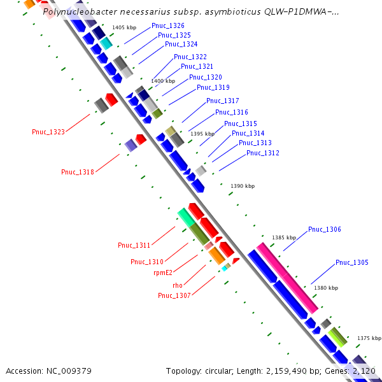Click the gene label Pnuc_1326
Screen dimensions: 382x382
[168, 25]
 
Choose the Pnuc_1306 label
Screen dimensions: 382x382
[325, 229]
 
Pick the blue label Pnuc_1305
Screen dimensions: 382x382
[352, 262]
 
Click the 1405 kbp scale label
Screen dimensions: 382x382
[124, 28]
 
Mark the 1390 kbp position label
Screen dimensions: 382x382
[243, 186]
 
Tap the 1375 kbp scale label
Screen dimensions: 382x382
[369, 338]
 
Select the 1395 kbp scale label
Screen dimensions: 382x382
[203, 134]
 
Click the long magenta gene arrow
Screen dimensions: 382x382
[286, 278]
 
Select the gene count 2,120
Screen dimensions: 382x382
[364, 371]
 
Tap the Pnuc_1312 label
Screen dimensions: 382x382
[263, 153]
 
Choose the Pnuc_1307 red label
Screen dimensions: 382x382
[174, 295]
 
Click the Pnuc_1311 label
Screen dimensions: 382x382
[134, 246]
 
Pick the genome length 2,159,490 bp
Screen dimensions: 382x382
[290, 371]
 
